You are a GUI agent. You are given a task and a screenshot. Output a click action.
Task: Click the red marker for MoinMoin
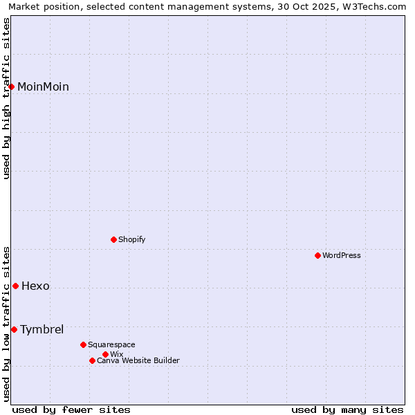(12, 86)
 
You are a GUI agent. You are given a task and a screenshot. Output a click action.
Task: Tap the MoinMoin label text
(43, 86)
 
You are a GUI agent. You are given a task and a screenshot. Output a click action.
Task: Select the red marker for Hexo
(15, 286)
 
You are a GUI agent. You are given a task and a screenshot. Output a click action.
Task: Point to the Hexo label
(35, 286)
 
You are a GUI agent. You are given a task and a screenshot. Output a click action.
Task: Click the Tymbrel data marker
(14, 329)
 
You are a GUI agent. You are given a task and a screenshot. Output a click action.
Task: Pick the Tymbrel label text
(41, 329)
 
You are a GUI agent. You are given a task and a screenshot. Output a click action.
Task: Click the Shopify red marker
(113, 239)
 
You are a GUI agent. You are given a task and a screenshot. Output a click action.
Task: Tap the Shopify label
(131, 239)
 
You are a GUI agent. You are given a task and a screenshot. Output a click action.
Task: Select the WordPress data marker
(317, 255)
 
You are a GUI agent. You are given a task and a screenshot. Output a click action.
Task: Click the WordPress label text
(342, 255)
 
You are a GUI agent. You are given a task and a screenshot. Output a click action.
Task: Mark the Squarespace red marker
(83, 344)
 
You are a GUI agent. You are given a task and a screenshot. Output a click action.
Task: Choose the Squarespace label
(111, 344)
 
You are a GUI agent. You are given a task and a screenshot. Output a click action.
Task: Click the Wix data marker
(105, 354)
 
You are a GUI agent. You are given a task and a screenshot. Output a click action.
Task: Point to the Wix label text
(116, 354)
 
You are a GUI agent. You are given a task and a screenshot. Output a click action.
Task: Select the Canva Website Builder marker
(92, 360)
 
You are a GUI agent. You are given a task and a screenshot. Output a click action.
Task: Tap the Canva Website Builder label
(138, 360)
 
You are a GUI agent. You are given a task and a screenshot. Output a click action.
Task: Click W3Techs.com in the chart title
(378, 6)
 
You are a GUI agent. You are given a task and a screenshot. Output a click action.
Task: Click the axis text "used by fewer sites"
(71, 409)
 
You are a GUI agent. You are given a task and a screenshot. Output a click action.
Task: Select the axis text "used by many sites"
(347, 409)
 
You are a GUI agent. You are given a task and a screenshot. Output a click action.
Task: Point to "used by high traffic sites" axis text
(6, 98)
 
